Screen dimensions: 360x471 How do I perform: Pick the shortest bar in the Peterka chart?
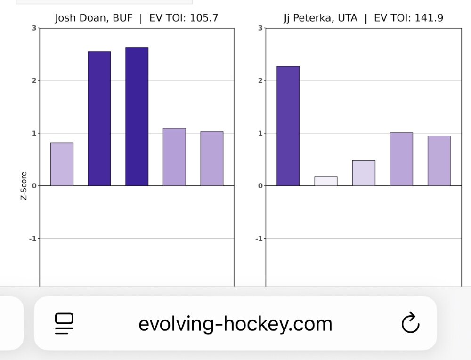point(326,181)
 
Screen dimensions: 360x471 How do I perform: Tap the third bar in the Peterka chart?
point(364,173)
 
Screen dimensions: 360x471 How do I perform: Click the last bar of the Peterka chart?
point(439,160)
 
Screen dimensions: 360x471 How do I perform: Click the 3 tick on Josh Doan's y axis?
point(34,28)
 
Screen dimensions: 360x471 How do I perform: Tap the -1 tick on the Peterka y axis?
point(258,239)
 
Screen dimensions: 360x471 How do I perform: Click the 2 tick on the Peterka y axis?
point(260,80)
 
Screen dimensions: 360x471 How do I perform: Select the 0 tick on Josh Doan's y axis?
point(34,186)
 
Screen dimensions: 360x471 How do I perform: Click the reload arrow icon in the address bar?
point(410,323)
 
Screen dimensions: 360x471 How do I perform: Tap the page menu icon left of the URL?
point(65,323)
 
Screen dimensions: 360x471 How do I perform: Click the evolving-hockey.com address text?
point(235,324)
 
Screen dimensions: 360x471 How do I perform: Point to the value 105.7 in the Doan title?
point(204,18)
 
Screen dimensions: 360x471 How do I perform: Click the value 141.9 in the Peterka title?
point(429,18)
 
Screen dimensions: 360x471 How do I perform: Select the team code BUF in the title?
point(122,18)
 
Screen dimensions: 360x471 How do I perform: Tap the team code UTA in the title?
point(348,18)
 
